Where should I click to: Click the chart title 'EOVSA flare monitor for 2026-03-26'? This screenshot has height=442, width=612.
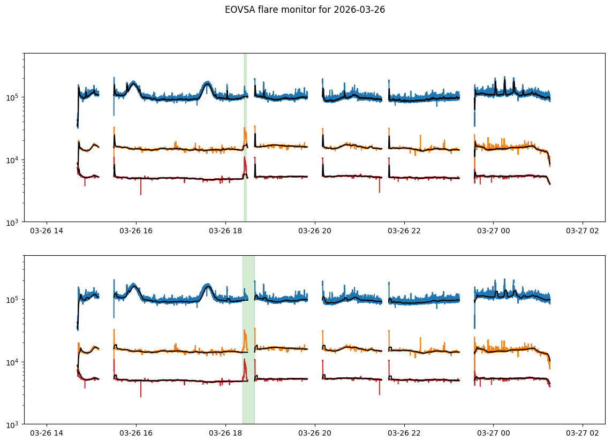click(x=305, y=10)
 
